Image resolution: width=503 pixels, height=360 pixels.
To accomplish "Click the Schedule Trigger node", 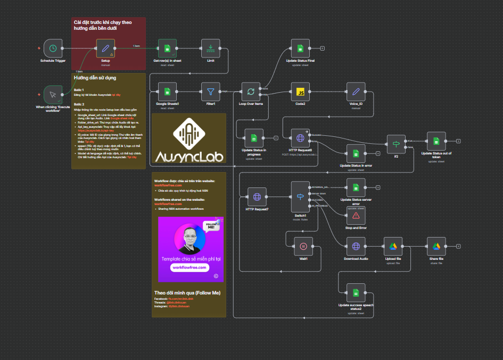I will (x=53, y=48).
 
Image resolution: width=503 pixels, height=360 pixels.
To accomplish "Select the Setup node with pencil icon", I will (x=105, y=48).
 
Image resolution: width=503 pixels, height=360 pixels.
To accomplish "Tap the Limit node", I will (x=211, y=48).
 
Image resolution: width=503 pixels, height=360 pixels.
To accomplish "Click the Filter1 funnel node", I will (x=211, y=92).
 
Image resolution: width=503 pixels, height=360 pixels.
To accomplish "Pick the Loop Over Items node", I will (x=251, y=92).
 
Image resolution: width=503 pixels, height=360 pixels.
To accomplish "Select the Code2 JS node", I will (x=300, y=92).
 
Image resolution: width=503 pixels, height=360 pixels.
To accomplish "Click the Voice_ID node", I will (x=356, y=92).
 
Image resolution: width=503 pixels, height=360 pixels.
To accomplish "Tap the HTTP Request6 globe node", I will (x=300, y=138).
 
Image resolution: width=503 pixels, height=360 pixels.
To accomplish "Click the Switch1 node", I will (x=300, y=197).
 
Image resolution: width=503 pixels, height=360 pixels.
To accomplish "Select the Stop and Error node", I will (x=356, y=215).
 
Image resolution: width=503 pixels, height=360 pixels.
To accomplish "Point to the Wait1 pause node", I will (x=303, y=246).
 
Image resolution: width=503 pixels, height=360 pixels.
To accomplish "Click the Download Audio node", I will (x=356, y=246).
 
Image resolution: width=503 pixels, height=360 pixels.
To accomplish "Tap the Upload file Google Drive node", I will (x=393, y=246).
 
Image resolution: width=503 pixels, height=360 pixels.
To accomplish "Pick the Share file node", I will (x=436, y=246).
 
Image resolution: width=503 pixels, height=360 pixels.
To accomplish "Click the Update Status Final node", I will (x=300, y=48).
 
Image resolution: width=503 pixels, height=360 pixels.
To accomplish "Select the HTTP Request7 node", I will (x=257, y=197).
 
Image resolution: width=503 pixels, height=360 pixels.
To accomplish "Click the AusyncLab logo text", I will (x=189, y=157).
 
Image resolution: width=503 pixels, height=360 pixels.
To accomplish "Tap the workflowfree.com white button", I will (x=189, y=267).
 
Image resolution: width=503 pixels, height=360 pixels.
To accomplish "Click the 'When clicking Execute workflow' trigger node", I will (x=53, y=95).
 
